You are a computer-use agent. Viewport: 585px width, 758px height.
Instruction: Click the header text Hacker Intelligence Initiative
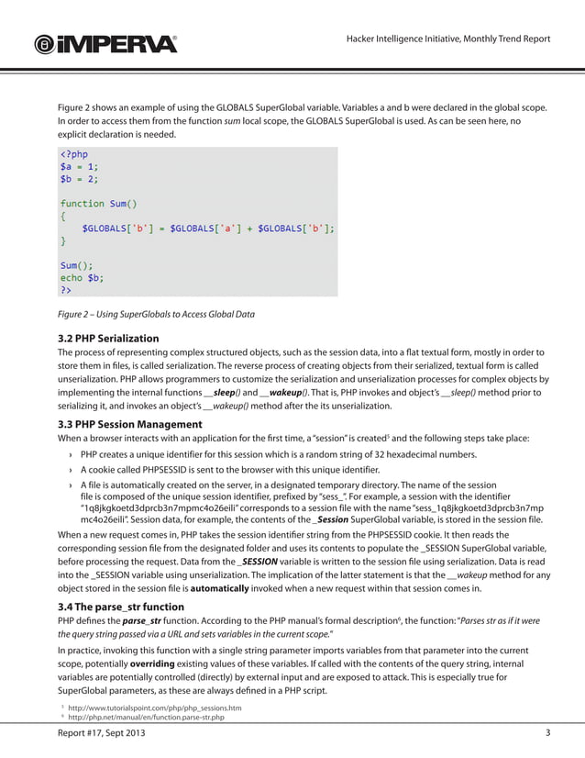[447, 39]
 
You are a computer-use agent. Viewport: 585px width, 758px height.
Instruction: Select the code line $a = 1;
[79, 167]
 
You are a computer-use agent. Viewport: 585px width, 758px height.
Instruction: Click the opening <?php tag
[74, 154]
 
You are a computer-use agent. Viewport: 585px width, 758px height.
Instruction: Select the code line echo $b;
[82, 277]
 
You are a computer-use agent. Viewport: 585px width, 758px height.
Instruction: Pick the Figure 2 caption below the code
[156, 315]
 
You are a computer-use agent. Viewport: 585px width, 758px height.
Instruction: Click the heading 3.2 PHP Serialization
[108, 338]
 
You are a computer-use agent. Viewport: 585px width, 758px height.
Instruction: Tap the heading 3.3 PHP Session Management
[129, 424]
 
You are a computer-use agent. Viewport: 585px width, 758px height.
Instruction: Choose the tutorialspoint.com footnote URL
[153, 708]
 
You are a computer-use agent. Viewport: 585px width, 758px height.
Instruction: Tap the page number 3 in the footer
[547, 733]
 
